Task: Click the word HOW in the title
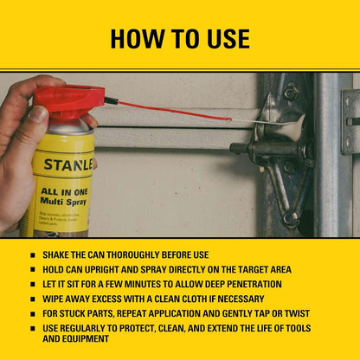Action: pos(138,39)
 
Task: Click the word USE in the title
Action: pos(225,39)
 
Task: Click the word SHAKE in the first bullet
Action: pos(60,255)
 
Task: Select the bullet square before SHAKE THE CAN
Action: pos(33,255)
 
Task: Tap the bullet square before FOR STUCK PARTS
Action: pos(33,313)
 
